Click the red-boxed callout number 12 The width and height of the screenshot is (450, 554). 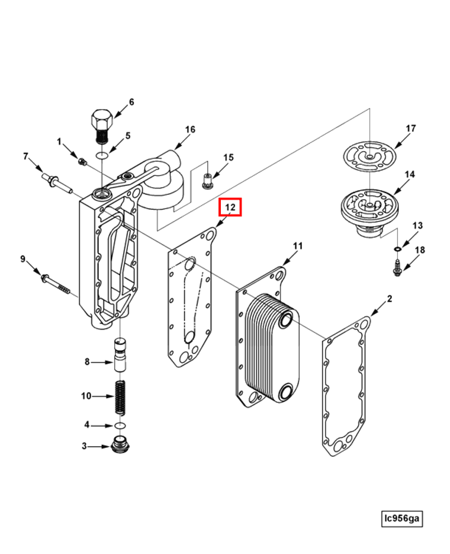tap(230, 207)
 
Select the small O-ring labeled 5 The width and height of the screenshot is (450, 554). tap(102, 155)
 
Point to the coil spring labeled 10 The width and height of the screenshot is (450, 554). tap(121, 397)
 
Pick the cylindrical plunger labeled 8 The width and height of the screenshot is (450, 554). tap(120, 355)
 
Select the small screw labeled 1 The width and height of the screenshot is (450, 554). tap(82, 162)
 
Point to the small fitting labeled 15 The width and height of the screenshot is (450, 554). tap(207, 181)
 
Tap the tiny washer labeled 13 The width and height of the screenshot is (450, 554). tap(397, 250)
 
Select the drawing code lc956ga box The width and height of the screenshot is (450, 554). tap(401, 518)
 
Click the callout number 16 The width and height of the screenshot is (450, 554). tap(190, 130)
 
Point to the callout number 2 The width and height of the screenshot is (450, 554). tap(389, 299)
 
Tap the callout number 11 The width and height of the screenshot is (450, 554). tap(298, 246)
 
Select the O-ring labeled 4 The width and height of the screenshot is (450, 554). tap(120, 425)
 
